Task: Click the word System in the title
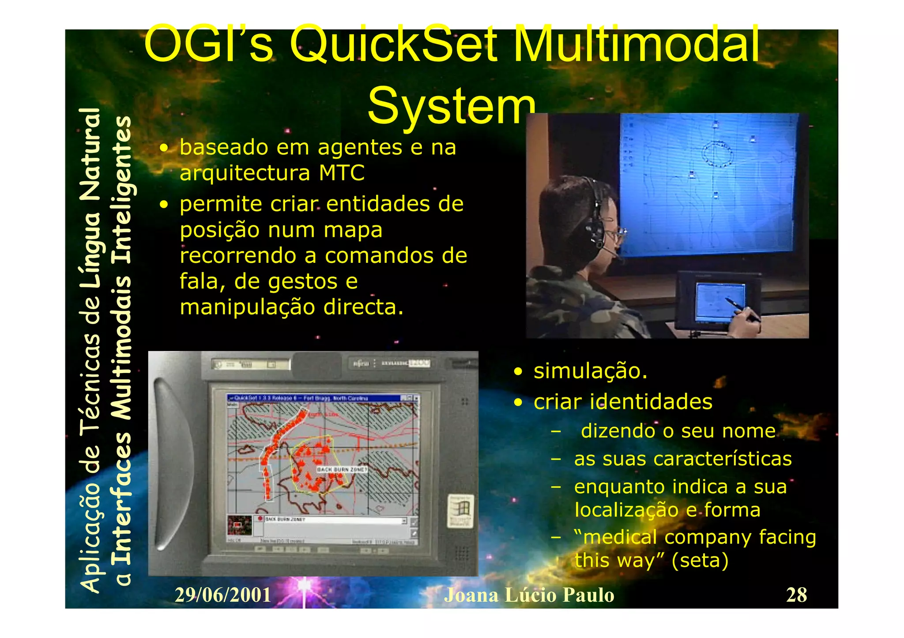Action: tap(451, 106)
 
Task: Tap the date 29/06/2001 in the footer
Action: tap(222, 595)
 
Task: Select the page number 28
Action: tap(796, 595)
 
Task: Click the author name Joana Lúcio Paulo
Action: tap(529, 595)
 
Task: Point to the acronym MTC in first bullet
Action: tap(342, 173)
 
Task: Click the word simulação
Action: tap(590, 371)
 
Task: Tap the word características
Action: tap(723, 459)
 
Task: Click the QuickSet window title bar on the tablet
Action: tap(318, 398)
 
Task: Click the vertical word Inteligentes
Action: tap(121, 190)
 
